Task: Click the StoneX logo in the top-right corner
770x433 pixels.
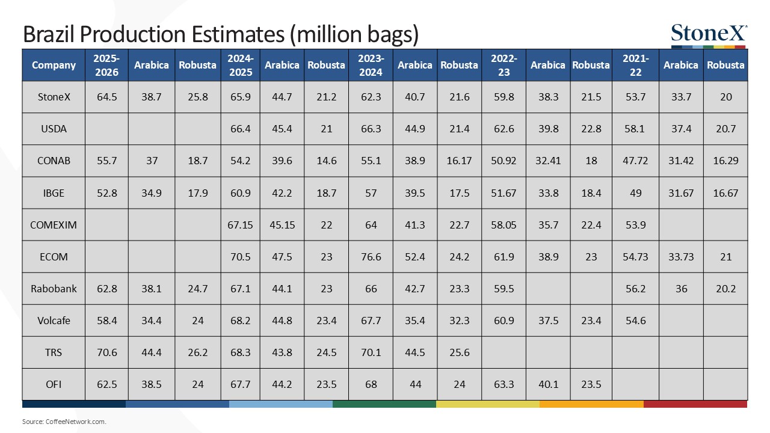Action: [x=709, y=35]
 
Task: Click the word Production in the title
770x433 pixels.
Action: [x=131, y=34]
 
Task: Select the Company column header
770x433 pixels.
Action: [x=54, y=65]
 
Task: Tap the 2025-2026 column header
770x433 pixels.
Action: [x=106, y=65]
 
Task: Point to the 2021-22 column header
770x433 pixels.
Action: [x=636, y=65]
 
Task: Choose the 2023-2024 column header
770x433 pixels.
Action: [x=371, y=65]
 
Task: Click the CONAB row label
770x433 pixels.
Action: [x=54, y=161]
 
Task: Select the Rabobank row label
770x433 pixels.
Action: [x=54, y=289]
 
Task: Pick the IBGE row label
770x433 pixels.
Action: [x=54, y=193]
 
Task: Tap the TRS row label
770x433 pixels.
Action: [x=54, y=352]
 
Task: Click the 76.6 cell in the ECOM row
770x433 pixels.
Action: [x=371, y=257]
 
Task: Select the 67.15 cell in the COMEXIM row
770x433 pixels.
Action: [x=240, y=225]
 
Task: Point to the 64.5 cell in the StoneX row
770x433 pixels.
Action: [x=106, y=97]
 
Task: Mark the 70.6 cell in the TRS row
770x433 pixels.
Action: [x=106, y=352]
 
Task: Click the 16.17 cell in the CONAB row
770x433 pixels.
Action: [x=459, y=161]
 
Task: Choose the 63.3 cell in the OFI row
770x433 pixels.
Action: [x=504, y=384]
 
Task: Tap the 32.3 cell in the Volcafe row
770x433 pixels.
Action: [x=459, y=321]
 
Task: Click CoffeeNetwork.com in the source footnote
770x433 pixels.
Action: [x=76, y=422]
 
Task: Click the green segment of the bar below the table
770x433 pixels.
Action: [x=384, y=404]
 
